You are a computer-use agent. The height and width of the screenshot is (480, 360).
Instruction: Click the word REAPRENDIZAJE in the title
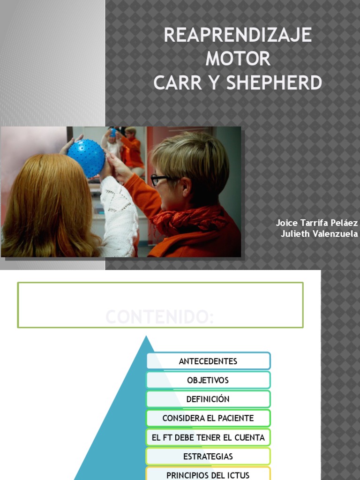[x=238, y=36]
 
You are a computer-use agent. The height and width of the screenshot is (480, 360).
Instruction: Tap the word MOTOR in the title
[x=238, y=59]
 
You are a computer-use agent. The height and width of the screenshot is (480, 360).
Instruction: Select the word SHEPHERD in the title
[x=274, y=83]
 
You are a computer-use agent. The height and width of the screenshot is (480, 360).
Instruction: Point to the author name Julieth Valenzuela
[x=319, y=234]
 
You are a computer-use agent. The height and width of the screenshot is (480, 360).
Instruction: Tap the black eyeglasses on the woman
[x=159, y=180]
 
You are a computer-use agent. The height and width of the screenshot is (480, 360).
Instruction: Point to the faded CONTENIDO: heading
[x=160, y=317]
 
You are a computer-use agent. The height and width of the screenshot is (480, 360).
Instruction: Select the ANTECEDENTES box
[x=208, y=361]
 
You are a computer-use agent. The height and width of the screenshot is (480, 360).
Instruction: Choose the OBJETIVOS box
[x=208, y=380]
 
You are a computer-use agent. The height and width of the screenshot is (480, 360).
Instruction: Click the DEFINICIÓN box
[x=208, y=399]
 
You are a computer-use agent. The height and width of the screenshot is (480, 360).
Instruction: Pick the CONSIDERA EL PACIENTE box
[x=208, y=418]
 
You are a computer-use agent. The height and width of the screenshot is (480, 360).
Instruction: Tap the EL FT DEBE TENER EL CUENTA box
[x=208, y=437]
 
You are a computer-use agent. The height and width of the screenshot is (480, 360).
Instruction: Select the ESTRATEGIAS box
[x=208, y=456]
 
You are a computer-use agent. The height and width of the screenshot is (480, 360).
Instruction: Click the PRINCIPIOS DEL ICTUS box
[x=208, y=474]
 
